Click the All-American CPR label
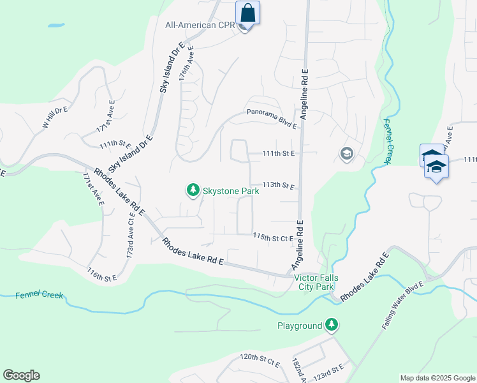click(200, 26)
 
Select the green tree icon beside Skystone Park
click(193, 190)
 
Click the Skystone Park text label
click(231, 190)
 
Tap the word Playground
click(299, 326)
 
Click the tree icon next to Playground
click(331, 326)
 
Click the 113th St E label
click(279, 186)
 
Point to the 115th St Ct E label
click(273, 237)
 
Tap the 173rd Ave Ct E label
click(131, 236)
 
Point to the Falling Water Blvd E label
click(403, 306)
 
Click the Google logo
click(21, 375)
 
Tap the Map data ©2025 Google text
click(437, 378)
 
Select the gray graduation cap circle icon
click(347, 154)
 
